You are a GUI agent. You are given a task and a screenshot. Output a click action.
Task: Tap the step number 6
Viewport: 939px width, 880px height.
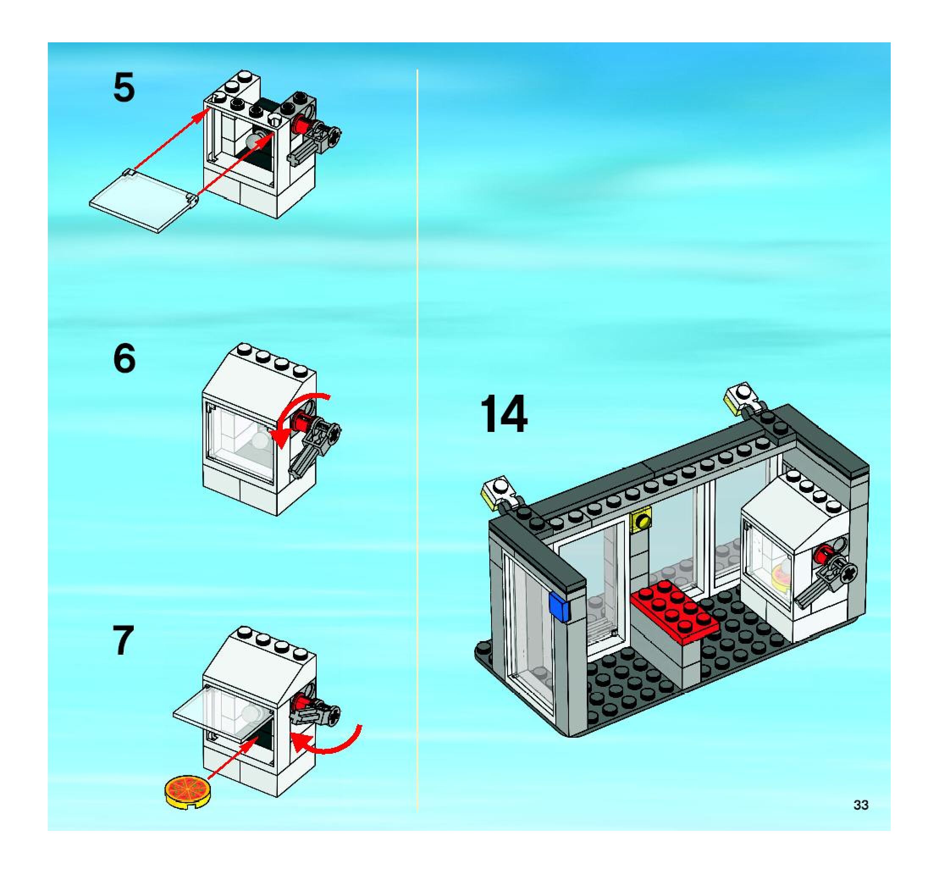click(124, 359)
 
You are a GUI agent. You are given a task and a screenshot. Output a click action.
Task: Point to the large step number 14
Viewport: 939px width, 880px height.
click(503, 414)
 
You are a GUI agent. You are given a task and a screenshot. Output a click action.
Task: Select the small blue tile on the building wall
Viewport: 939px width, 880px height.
click(559, 607)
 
